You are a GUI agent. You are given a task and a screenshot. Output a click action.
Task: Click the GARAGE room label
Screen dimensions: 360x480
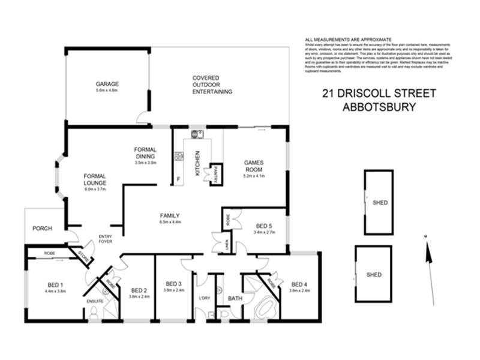107,84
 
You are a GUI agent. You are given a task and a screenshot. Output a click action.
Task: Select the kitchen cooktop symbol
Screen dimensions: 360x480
178,157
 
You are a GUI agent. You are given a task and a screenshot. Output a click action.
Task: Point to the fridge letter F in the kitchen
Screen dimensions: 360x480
178,179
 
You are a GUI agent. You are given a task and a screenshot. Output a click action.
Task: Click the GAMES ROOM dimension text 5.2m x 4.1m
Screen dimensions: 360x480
253,176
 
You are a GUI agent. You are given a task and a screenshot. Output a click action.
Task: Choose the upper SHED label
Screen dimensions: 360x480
380,203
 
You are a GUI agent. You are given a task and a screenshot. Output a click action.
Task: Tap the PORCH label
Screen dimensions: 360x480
42,228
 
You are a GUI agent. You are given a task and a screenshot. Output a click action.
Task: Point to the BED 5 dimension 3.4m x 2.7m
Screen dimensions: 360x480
264,232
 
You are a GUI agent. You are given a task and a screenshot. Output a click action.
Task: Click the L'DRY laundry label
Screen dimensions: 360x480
203,298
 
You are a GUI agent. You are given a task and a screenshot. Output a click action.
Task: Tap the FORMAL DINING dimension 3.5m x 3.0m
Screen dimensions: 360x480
145,163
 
